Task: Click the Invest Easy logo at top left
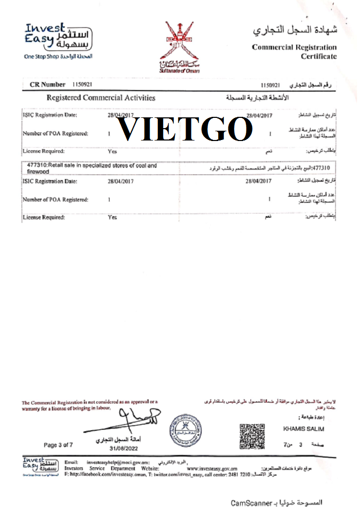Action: (58, 37)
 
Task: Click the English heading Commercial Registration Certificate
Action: (294, 51)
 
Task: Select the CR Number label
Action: (48, 84)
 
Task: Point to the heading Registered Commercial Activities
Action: (101, 97)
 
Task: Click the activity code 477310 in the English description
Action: (38, 166)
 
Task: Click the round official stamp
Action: (186, 431)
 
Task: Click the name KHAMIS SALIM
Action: (304, 429)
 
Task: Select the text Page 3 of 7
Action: (59, 445)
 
